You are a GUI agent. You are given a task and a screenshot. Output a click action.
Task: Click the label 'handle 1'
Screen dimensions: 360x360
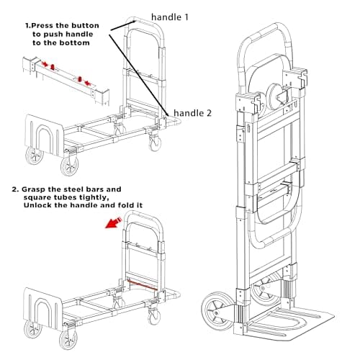[x=170, y=17]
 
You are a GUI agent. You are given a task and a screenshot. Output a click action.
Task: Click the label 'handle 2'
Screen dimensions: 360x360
[x=192, y=113]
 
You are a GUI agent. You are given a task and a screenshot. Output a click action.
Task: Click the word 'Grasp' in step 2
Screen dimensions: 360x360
[x=33, y=189]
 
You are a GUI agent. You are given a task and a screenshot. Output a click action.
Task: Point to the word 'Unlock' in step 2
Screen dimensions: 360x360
[x=37, y=205]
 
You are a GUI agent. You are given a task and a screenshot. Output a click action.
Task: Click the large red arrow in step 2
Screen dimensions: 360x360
[x=113, y=223]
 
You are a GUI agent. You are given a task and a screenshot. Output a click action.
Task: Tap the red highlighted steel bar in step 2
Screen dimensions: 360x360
[x=143, y=284]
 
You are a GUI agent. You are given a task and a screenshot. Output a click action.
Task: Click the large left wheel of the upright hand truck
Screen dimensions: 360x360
[x=217, y=311]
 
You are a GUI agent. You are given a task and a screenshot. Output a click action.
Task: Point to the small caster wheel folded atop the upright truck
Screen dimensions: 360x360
[x=276, y=96]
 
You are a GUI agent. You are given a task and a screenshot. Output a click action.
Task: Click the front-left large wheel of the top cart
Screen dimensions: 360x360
[x=35, y=156]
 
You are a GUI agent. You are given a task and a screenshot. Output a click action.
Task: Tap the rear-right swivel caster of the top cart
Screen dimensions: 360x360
[x=155, y=143]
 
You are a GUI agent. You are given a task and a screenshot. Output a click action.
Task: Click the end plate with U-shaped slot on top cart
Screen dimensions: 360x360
[x=43, y=135]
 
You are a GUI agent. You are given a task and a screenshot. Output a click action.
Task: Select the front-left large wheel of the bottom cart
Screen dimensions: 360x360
[x=33, y=330]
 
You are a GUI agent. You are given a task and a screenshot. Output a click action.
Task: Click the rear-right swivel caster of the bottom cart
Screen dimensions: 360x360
[x=153, y=316]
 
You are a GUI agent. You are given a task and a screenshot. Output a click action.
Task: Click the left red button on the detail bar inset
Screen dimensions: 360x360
[x=53, y=66]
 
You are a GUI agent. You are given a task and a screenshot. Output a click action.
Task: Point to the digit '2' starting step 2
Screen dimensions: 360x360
[x=15, y=189]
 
